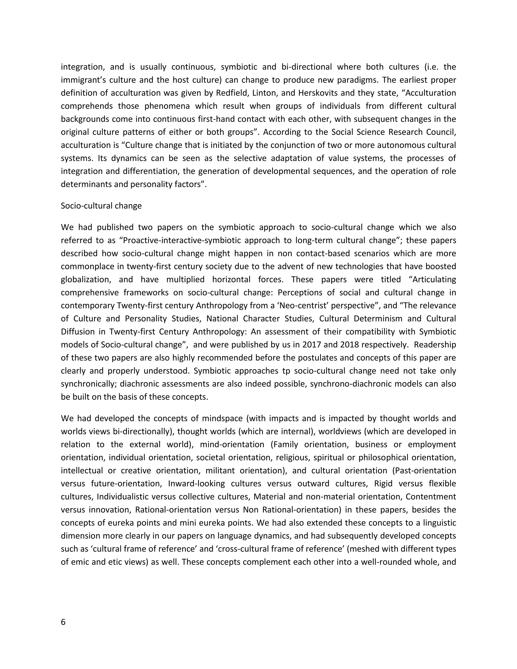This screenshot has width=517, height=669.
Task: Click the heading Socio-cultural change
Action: click(101, 205)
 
